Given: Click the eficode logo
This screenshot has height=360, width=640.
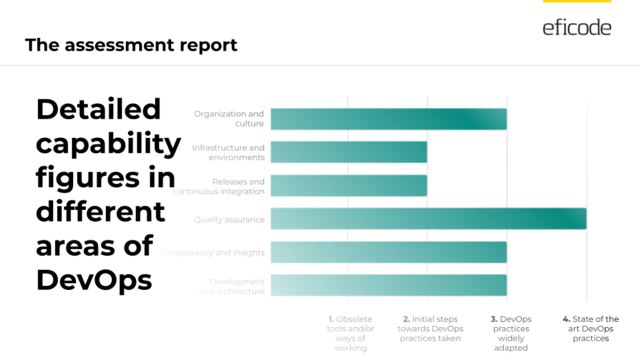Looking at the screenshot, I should pos(576,27).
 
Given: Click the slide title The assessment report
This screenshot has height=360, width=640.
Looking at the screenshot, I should pos(131,45).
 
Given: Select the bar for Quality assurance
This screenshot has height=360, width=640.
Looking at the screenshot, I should pos(428,219).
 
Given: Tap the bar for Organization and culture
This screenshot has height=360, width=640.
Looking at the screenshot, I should pos(388,119).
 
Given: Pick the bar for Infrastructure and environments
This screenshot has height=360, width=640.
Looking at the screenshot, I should pos(349,152).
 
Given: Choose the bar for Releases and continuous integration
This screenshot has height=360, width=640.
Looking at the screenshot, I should pos(349,185).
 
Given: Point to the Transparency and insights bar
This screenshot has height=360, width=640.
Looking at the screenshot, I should pos(388,252).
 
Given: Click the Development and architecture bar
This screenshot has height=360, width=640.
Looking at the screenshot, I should pos(388,285).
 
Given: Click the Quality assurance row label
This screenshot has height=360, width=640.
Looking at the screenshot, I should pos(229,219).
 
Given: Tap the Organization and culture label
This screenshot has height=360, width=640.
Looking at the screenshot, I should pos(229,119).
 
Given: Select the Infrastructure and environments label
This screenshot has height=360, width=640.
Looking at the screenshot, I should pos(228,152).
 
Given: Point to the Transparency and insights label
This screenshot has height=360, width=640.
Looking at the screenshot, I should pos(212,253).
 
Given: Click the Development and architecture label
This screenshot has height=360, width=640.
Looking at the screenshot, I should pos(231,286).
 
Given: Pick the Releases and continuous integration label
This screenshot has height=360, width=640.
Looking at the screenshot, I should pos(219,186).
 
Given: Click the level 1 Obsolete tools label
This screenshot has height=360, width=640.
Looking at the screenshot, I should pos(350,333).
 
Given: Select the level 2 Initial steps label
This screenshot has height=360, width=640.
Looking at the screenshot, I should pos(430,328).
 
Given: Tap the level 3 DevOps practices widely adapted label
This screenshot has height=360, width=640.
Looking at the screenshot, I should pos(510,333).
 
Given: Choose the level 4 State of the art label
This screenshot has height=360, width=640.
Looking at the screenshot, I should pos(590,328).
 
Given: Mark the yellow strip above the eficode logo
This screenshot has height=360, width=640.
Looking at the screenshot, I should pos(576,1).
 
